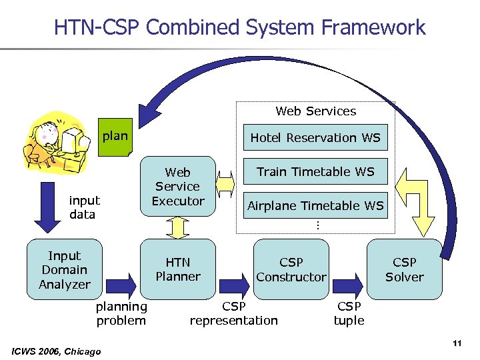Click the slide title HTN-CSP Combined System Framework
click(239, 27)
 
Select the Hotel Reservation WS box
click(315, 138)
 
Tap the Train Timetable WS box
click(315, 172)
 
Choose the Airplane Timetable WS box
click(315, 206)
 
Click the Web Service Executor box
click(178, 187)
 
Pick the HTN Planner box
click(178, 269)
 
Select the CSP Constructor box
click(291, 269)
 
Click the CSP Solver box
click(404, 269)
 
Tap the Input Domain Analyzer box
click(65, 270)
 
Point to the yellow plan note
click(115, 137)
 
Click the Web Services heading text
click(315, 111)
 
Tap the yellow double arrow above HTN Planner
click(178, 229)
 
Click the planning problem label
click(121, 313)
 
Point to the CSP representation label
click(233, 313)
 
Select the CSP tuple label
click(349, 313)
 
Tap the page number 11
click(457, 343)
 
